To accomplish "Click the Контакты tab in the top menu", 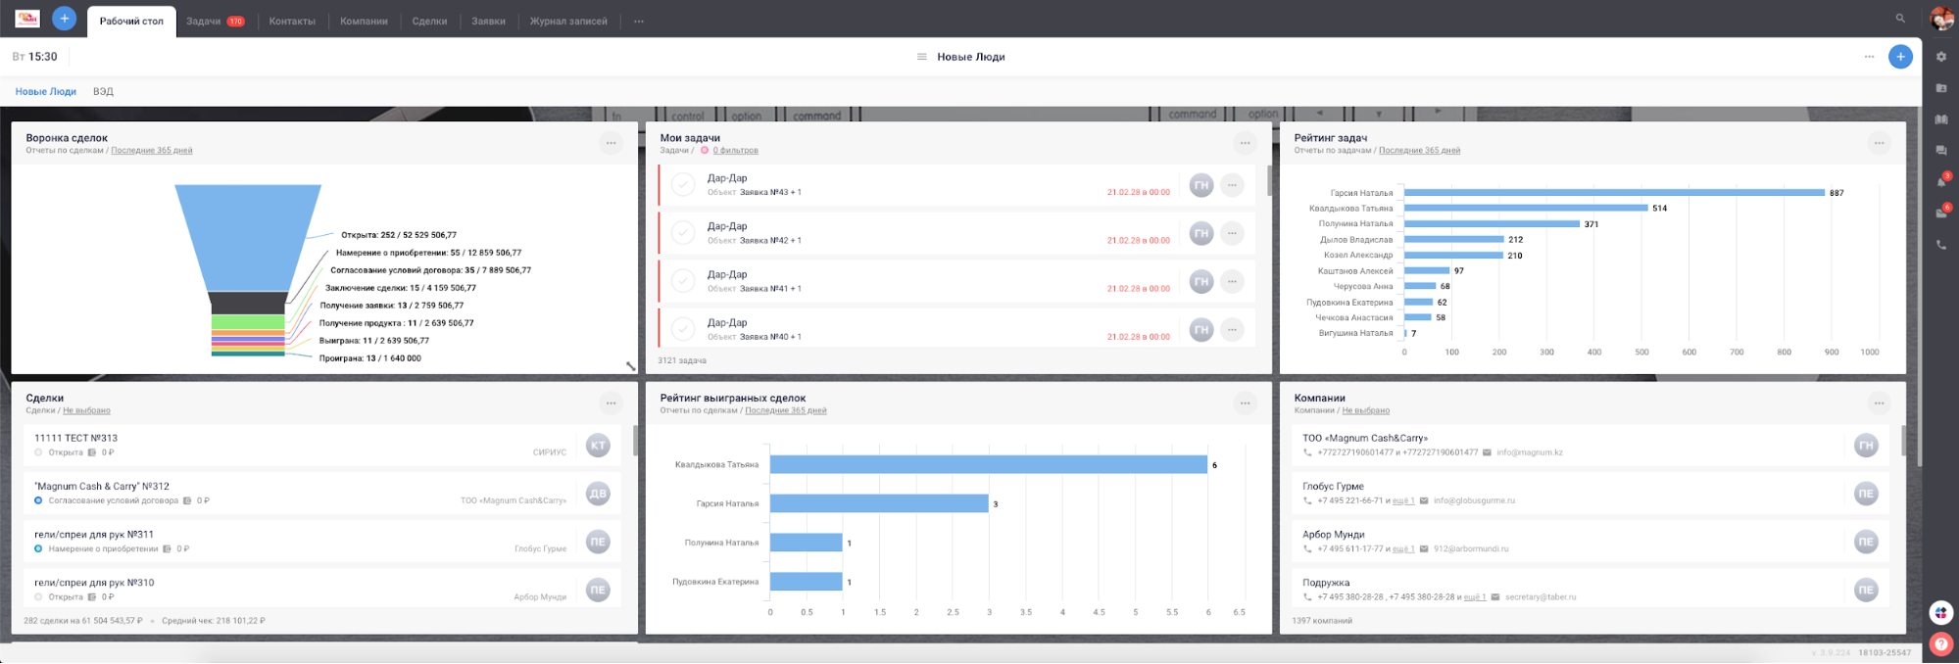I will pos(292,21).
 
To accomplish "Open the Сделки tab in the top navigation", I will pos(429,21).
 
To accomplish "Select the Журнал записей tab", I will pos(568,21).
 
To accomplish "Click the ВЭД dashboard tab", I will pos(103,91).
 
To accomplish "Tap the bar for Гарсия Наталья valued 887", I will pos(1614,193).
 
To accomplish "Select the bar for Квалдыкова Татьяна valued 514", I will pos(1526,209).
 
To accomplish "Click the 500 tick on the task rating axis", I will pos(1641,352).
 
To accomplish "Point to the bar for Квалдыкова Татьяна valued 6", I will pos(988,465).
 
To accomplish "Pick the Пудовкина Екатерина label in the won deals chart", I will pos(715,582).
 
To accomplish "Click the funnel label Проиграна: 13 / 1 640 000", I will pos(369,358).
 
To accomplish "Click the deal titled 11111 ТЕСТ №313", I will pos(75,438).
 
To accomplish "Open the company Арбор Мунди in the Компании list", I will pos(1333,535).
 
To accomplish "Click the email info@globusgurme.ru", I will pos(1474,500).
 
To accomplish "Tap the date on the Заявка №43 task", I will pos(1138,192).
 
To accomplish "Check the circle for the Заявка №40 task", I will pos(683,329).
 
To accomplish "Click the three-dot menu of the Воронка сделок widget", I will pos(611,143).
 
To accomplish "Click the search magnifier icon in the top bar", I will pos(1900,19).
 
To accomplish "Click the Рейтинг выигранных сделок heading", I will pos(732,399).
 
